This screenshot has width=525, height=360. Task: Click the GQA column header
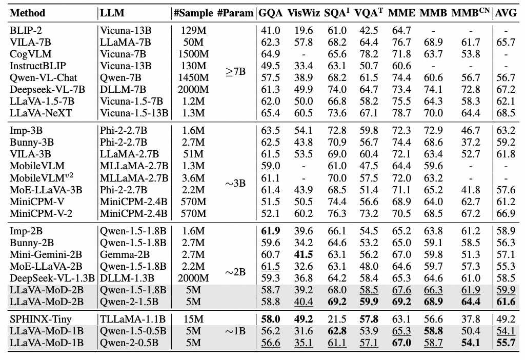pyautogui.click(x=271, y=13)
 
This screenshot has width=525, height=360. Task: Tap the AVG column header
pyautogui.click(x=505, y=13)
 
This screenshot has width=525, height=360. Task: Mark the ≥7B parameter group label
pyautogui.click(x=235, y=71)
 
